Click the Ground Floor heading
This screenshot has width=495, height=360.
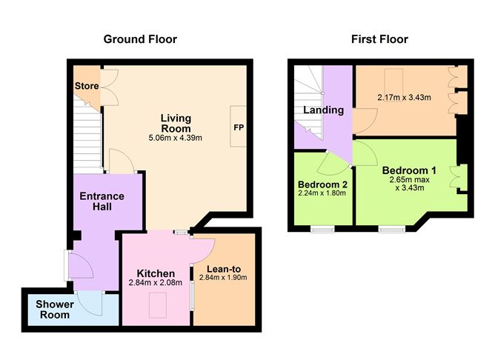click(x=140, y=39)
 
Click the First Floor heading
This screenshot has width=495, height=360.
click(x=379, y=39)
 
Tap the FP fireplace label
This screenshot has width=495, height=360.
click(x=239, y=128)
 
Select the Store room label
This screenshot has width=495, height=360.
click(x=87, y=87)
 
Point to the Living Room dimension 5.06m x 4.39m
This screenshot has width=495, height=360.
click(x=176, y=137)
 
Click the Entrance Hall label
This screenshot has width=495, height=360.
click(x=102, y=201)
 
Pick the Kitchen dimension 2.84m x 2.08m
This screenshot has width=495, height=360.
click(x=155, y=283)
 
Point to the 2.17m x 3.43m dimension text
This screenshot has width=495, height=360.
click(x=404, y=97)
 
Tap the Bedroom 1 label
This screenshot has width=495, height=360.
click(x=412, y=170)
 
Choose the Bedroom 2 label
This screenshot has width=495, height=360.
click(x=323, y=184)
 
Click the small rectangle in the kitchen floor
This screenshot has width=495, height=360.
click(x=157, y=304)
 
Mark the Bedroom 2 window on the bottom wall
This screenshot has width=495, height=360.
click(x=323, y=229)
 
